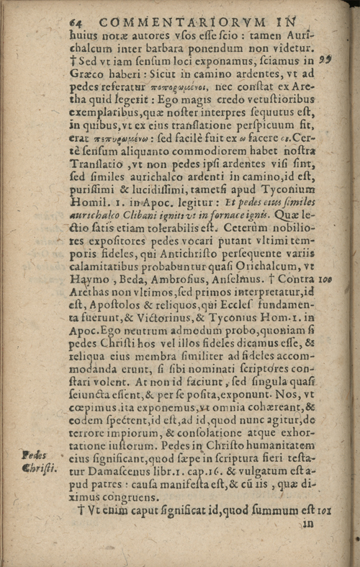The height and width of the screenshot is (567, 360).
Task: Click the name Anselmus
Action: [x=243, y=277]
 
